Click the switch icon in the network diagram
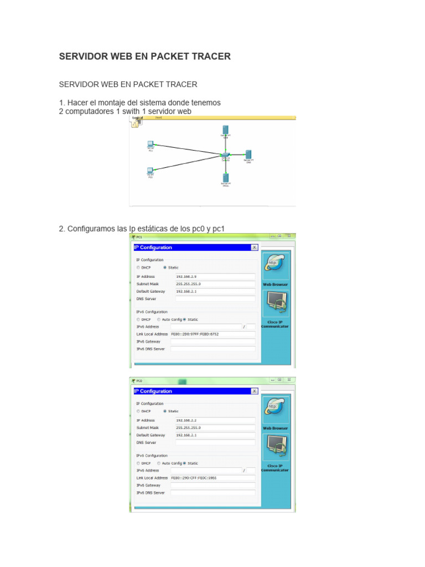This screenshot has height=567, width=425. (x=225, y=155)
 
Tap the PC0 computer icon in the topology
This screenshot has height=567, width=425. (x=150, y=171)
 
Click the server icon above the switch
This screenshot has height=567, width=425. (x=226, y=130)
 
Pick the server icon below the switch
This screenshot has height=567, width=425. (x=226, y=178)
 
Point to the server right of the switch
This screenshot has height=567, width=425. (x=249, y=154)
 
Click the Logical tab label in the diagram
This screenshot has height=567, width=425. (x=138, y=118)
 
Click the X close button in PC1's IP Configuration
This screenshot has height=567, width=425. (x=254, y=248)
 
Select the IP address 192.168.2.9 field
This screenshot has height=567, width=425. (x=215, y=276)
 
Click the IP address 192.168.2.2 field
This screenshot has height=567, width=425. (x=215, y=420)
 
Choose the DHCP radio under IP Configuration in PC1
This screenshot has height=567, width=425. (x=138, y=267)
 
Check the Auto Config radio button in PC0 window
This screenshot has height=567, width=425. (x=159, y=463)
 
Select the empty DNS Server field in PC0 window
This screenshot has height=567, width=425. (x=215, y=442)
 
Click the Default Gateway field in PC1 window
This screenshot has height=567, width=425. (x=215, y=291)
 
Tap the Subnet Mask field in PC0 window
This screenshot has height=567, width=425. (x=215, y=427)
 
